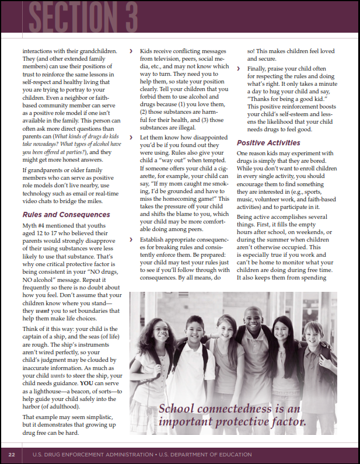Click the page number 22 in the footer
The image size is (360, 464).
click(x=11, y=454)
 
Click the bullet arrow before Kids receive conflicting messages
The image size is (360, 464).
click(x=131, y=51)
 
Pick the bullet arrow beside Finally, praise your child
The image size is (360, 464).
click(x=239, y=69)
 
